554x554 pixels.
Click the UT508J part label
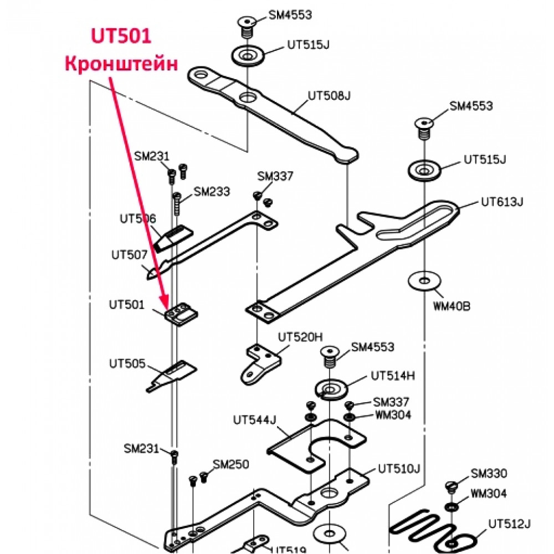click(x=329, y=96)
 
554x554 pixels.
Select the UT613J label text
click(x=502, y=202)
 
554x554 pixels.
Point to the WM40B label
click(x=452, y=306)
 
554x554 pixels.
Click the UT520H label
click(x=300, y=337)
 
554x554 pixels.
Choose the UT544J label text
click(x=254, y=420)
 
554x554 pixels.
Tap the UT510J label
click(x=399, y=469)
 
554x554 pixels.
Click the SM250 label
click(x=231, y=464)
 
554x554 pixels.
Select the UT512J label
click(x=510, y=524)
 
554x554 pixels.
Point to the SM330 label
click(x=489, y=473)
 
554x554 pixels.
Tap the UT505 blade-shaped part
click(x=172, y=376)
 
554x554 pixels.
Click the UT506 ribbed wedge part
click(x=174, y=238)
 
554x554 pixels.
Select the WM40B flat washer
click(x=425, y=281)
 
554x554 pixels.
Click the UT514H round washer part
click(x=331, y=389)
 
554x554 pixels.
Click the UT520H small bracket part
click(x=261, y=365)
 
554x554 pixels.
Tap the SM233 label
click(x=212, y=192)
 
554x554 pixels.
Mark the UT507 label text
click(x=129, y=255)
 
